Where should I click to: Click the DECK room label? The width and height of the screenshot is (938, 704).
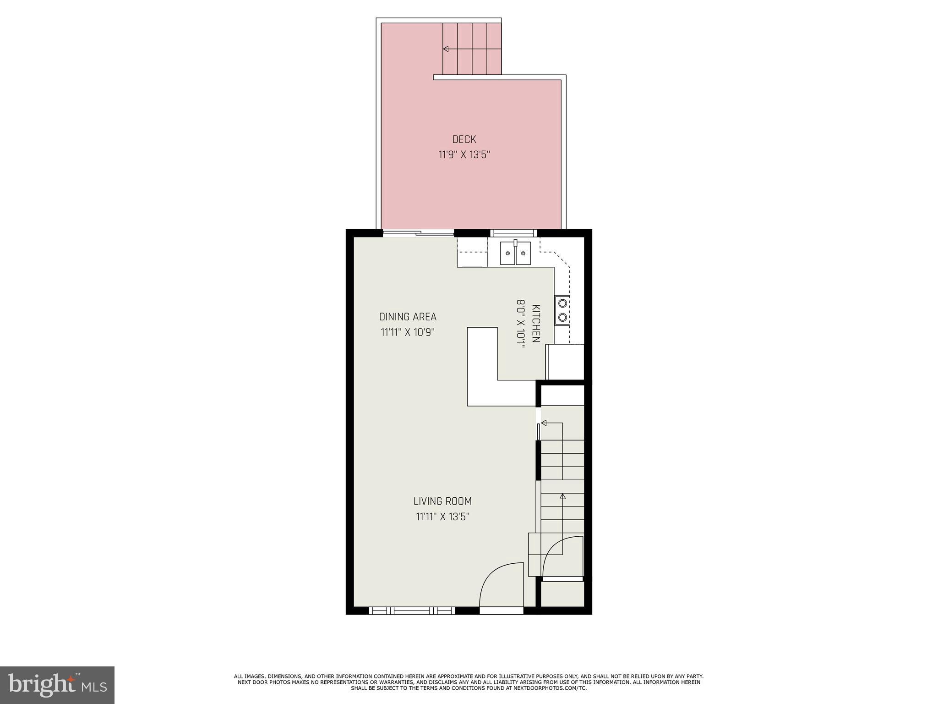[464, 139]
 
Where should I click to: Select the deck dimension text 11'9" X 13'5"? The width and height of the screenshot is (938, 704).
[464, 155]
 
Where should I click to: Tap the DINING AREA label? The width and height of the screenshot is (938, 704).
[408, 317]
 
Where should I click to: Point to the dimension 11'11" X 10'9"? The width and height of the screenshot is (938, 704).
[407, 332]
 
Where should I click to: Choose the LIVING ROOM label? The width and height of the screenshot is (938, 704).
[442, 501]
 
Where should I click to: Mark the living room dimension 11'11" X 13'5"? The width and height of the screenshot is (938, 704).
[442, 517]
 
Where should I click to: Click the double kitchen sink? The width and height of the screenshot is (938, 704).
[515, 253]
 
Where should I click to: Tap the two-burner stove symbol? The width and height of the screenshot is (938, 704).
[562, 310]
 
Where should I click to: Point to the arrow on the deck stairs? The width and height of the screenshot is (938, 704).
[446, 49]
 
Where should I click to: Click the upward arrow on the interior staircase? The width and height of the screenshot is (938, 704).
[562, 496]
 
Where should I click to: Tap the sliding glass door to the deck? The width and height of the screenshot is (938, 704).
[418, 234]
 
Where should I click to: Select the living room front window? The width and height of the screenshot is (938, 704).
[412, 610]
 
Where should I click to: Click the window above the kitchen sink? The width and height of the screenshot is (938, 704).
[513, 233]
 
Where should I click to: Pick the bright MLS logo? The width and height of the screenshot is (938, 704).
[57, 685]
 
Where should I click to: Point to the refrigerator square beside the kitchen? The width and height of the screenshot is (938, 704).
[566, 362]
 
